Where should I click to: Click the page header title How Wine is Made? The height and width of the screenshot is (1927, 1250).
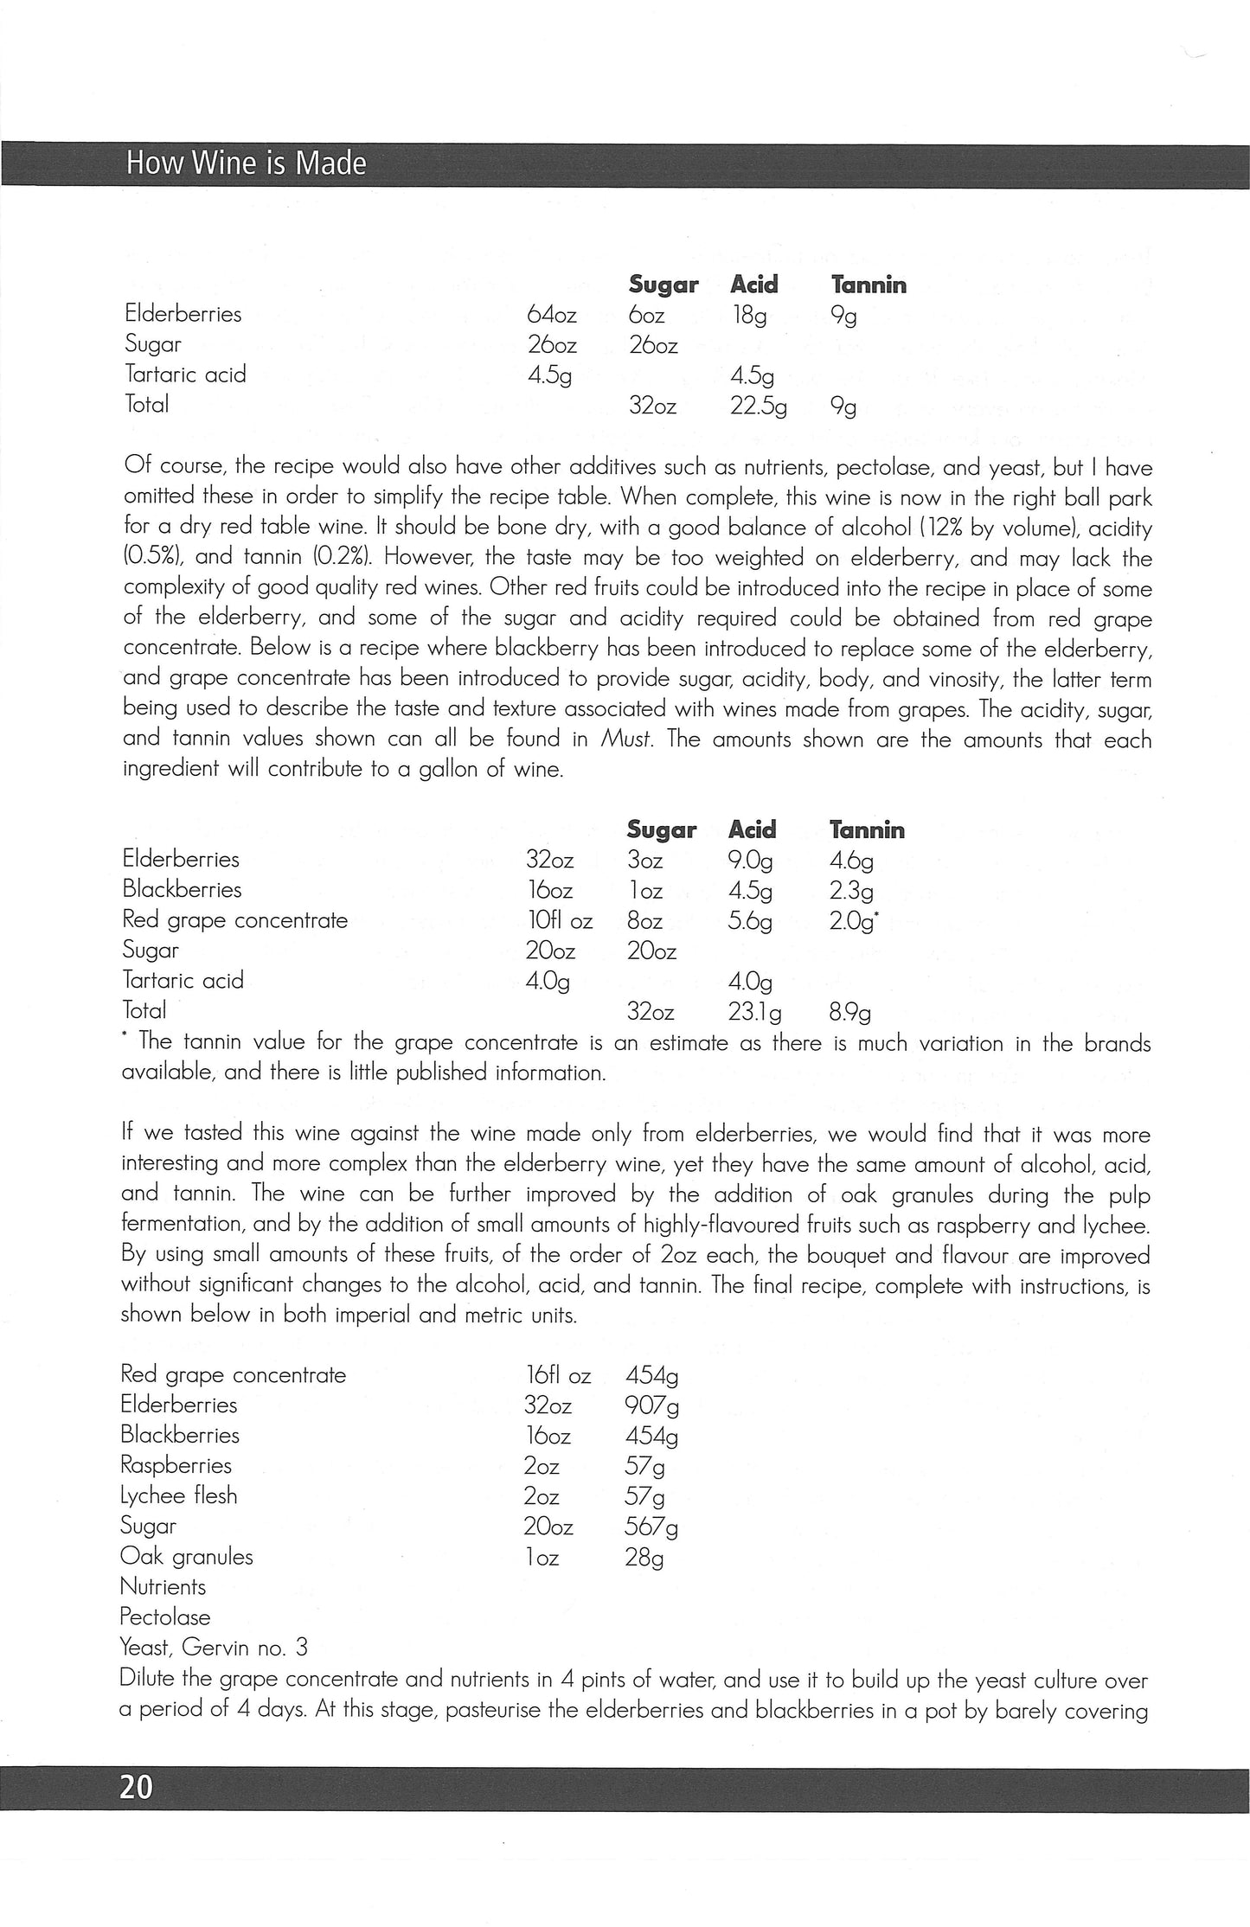click(x=247, y=163)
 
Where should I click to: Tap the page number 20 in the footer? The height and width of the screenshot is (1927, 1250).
click(x=137, y=1787)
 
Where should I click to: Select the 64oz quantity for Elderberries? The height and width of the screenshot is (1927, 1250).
click(x=551, y=315)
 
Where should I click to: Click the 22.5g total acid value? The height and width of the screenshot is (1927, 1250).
click(x=758, y=405)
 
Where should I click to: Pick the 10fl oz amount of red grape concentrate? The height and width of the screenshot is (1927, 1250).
click(x=559, y=921)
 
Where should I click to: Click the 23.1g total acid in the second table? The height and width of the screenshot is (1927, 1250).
click(x=755, y=1012)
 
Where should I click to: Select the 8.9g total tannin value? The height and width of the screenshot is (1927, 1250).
click(x=850, y=1012)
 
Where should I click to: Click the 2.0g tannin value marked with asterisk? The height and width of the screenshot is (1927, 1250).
click(x=853, y=921)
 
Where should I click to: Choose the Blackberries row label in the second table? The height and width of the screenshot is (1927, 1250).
click(x=182, y=889)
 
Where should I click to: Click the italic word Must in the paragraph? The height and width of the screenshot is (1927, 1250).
click(x=626, y=740)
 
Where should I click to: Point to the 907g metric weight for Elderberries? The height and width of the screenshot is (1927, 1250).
click(x=651, y=1405)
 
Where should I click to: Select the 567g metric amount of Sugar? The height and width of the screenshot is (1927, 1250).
click(x=651, y=1527)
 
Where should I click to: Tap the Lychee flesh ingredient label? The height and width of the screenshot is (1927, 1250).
click(x=178, y=1496)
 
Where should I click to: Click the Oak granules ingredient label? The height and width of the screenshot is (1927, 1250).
click(x=186, y=1557)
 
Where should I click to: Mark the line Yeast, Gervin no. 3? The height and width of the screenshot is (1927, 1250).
click(x=214, y=1647)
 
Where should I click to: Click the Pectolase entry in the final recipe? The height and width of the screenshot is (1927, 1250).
click(x=165, y=1617)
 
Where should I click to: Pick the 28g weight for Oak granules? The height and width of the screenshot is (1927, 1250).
click(x=644, y=1558)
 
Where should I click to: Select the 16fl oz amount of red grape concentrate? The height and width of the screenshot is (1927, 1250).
click(x=557, y=1375)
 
